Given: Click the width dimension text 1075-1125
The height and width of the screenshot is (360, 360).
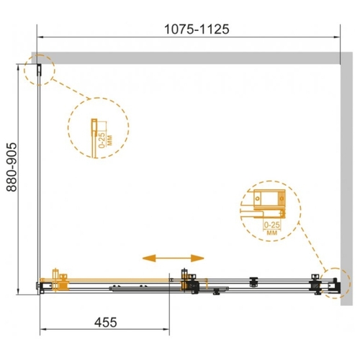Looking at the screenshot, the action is pyautogui.click(x=197, y=30).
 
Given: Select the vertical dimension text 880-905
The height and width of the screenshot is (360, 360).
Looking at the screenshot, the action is pyautogui.click(x=12, y=167).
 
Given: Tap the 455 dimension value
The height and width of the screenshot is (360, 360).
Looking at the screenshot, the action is pyautogui.click(x=106, y=322).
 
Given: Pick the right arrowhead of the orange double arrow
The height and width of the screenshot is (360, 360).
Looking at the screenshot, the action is pyautogui.click(x=197, y=258).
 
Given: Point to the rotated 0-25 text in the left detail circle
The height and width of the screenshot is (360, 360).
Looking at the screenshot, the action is pyautogui.click(x=102, y=140).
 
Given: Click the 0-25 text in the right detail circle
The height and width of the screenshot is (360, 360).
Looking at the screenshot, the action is pyautogui.click(x=272, y=225).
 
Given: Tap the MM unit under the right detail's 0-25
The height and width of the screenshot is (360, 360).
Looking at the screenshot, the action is pyautogui.click(x=272, y=233).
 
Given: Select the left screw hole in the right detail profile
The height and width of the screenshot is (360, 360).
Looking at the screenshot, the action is pyautogui.click(x=258, y=199).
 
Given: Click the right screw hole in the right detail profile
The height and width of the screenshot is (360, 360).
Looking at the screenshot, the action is pyautogui.click(x=282, y=199).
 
